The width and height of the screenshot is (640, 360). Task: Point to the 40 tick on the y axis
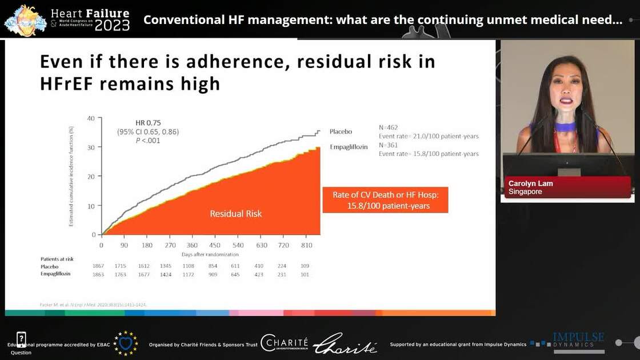90,118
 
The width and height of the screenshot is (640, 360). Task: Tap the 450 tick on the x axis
214,246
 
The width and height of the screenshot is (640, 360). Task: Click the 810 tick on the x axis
306,246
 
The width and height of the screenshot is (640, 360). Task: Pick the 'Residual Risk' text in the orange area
235,214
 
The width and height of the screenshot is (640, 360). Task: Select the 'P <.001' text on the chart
147,141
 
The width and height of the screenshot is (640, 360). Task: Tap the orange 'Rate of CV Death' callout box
385,200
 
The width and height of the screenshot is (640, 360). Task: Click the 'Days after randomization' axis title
210,254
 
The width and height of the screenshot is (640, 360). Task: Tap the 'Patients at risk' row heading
57,259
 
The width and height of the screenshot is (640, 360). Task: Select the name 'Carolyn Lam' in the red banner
530,183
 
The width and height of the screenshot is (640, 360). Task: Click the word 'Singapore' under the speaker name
525,192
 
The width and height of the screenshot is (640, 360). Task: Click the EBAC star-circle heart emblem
125,343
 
